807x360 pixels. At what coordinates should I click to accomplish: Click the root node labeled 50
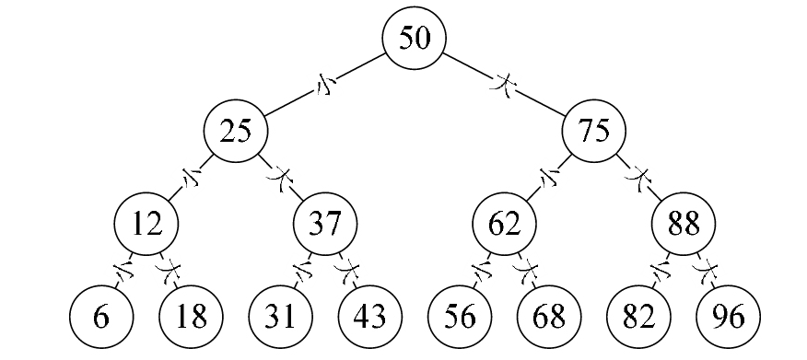[415, 39]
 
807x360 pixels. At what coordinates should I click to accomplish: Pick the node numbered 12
[146, 225]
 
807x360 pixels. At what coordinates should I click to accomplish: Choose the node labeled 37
[325, 225]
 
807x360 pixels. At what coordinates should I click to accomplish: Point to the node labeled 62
[505, 225]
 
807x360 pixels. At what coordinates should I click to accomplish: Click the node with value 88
[684, 225]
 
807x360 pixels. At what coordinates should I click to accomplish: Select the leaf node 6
[101, 318]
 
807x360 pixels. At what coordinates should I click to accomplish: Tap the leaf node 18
[191, 318]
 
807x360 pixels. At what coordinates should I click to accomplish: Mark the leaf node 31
[280, 318]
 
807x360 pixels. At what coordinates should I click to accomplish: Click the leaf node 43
[369, 318]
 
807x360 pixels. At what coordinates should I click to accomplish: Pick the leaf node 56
[460, 318]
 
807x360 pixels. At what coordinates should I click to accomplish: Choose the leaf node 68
[549, 318]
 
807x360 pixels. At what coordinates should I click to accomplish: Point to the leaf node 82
[638, 318]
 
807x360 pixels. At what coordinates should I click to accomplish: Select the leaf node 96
[728, 318]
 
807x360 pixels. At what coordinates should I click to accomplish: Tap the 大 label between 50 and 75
[505, 86]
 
